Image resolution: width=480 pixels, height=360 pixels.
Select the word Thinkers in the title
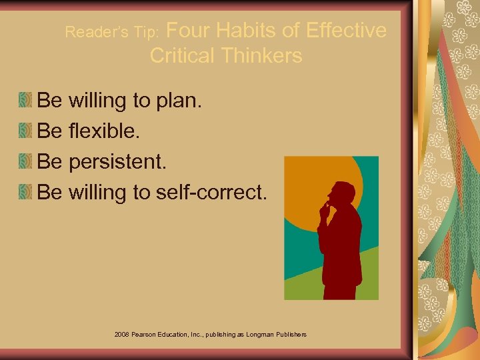click(264, 55)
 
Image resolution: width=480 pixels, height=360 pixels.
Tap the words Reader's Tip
click(111, 32)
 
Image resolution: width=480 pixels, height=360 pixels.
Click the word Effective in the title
click(345, 31)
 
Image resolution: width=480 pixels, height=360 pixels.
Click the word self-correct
click(211, 192)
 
